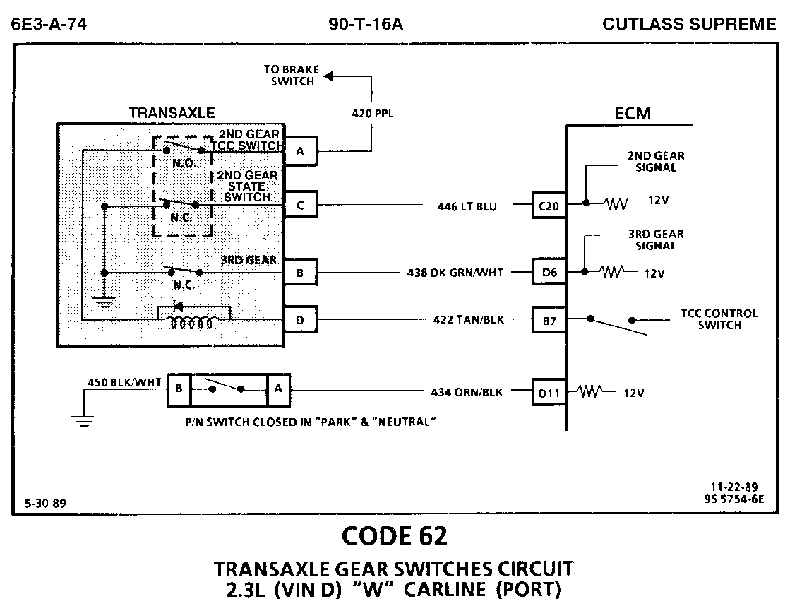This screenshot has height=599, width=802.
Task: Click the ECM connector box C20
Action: click(x=549, y=206)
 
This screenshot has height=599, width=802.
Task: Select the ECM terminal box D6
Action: click(x=549, y=272)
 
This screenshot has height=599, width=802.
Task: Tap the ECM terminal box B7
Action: click(x=549, y=320)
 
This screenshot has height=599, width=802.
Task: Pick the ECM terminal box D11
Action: click(x=549, y=392)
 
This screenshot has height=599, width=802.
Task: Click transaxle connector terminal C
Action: click(x=301, y=206)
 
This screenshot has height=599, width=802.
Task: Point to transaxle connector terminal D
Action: click(x=301, y=320)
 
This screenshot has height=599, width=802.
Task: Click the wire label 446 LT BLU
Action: click(x=467, y=207)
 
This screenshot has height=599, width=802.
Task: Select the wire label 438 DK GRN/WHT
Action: click(x=455, y=272)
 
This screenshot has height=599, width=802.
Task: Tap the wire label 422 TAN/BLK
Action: click(x=469, y=320)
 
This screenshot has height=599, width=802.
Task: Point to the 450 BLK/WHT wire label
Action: click(x=124, y=383)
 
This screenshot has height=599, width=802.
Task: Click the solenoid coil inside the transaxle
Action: click(x=192, y=324)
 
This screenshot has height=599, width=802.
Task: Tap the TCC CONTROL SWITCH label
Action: click(x=719, y=319)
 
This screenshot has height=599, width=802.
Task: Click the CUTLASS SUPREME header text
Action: click(x=689, y=25)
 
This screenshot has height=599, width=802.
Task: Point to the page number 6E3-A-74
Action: click(x=49, y=25)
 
